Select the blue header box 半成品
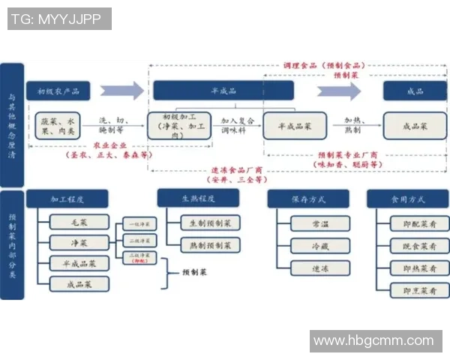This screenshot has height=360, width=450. (223, 91)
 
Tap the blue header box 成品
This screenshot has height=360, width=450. (415, 91)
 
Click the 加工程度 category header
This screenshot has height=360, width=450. (67, 199)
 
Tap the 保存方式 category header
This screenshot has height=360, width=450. (308, 199)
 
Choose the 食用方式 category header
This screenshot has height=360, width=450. (408, 199)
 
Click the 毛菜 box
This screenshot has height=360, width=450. (79, 222)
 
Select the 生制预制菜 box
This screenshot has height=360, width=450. (211, 223)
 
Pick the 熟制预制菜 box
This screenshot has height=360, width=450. (211, 245)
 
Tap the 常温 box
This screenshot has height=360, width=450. (320, 223)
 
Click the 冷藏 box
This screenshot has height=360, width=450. (320, 245)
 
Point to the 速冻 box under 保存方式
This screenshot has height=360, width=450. (320, 268)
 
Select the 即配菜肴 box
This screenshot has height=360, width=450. (420, 223)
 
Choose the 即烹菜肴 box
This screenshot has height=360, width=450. (420, 291)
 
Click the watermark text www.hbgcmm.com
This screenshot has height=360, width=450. (373, 341)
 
